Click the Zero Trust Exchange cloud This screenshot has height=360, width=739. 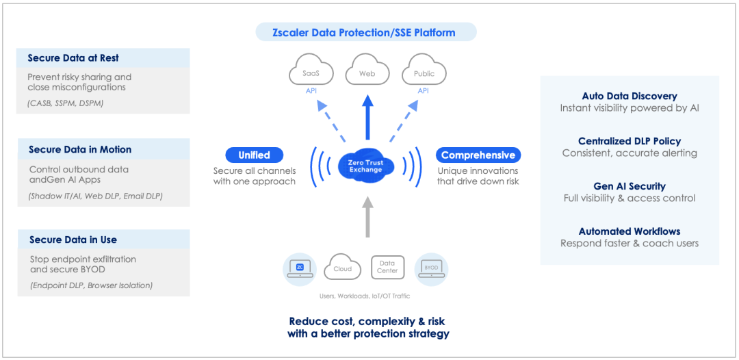pos(366,166)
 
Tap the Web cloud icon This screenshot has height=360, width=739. pos(367,72)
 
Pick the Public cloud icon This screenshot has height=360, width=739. pos(424,72)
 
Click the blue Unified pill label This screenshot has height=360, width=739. pos(254,155)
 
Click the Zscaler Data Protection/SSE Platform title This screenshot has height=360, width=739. pos(365,31)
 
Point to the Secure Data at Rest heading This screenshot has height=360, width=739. pos(73,58)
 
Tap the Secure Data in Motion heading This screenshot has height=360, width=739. pos(80,149)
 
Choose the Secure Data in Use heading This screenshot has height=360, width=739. pos(73,240)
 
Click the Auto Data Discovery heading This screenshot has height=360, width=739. pos(630,97)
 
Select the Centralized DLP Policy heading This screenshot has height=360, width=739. pos(630,141)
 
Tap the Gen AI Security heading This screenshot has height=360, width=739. pos(630,186)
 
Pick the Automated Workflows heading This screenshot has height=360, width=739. pos(630,231)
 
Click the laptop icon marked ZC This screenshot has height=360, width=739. pos(300,268)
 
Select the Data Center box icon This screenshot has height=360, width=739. pos(387,268)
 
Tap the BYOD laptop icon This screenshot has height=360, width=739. pos(431,268)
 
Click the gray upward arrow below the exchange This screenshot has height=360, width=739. pos(367,216)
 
